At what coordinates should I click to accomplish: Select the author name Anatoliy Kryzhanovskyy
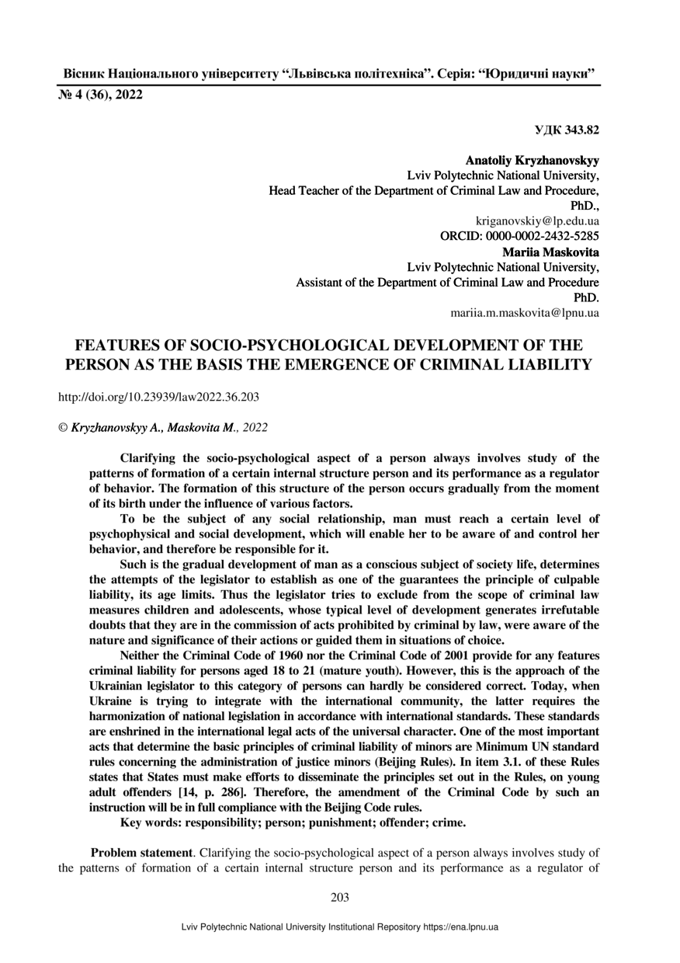tap(532, 161)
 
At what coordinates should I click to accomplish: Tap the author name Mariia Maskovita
tap(550, 252)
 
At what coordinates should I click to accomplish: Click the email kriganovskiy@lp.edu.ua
tap(536, 221)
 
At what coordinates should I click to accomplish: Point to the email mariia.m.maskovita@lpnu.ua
tap(524, 313)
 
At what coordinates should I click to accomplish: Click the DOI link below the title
tap(158, 396)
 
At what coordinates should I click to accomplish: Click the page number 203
tap(340, 898)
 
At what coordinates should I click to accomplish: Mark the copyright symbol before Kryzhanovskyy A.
tap(64, 427)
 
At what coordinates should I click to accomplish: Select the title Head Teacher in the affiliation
tap(303, 191)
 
